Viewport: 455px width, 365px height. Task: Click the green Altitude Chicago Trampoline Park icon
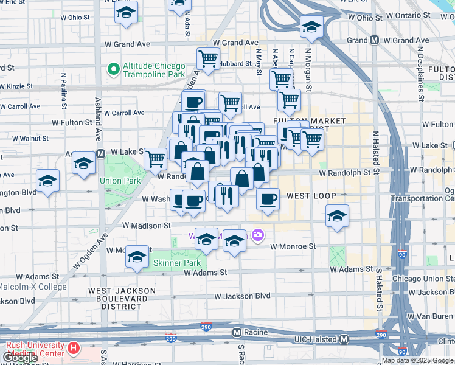pyautogui.click(x=113, y=69)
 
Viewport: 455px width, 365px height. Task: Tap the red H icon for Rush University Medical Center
pyautogui.click(x=74, y=349)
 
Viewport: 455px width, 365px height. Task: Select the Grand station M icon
pyautogui.click(x=375, y=40)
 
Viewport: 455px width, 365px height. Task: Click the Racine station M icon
pyautogui.click(x=238, y=333)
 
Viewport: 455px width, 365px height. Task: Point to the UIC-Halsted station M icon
pyautogui.click(x=344, y=339)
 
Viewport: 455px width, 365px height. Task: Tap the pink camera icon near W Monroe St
pyautogui.click(x=258, y=235)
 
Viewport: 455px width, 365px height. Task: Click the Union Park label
pyautogui.click(x=120, y=181)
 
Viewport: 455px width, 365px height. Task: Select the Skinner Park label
pyautogui.click(x=176, y=263)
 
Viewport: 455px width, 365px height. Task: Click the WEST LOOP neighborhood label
pyautogui.click(x=308, y=196)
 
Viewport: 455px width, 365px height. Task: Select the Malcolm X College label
pyautogui.click(x=32, y=287)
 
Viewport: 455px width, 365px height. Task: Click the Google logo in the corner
pyautogui.click(x=21, y=358)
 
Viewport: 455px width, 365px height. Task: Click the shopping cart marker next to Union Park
pyautogui.click(x=156, y=159)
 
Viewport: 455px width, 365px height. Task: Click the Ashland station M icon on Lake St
pyautogui.click(x=100, y=153)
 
